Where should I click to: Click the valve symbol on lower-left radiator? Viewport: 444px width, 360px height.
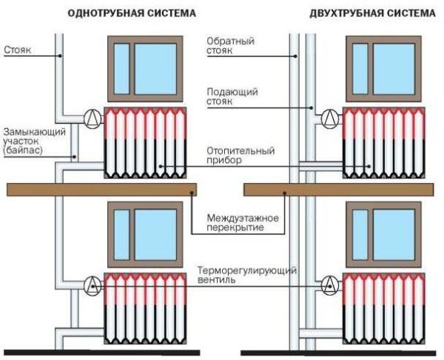pyautogui.click(x=92, y=284)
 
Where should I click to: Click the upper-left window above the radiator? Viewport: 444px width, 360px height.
pyautogui.click(x=146, y=67)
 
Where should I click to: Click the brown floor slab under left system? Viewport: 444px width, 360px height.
pyautogui.click(x=101, y=190)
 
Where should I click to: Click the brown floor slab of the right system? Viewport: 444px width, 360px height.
pyautogui.click(x=341, y=190)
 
